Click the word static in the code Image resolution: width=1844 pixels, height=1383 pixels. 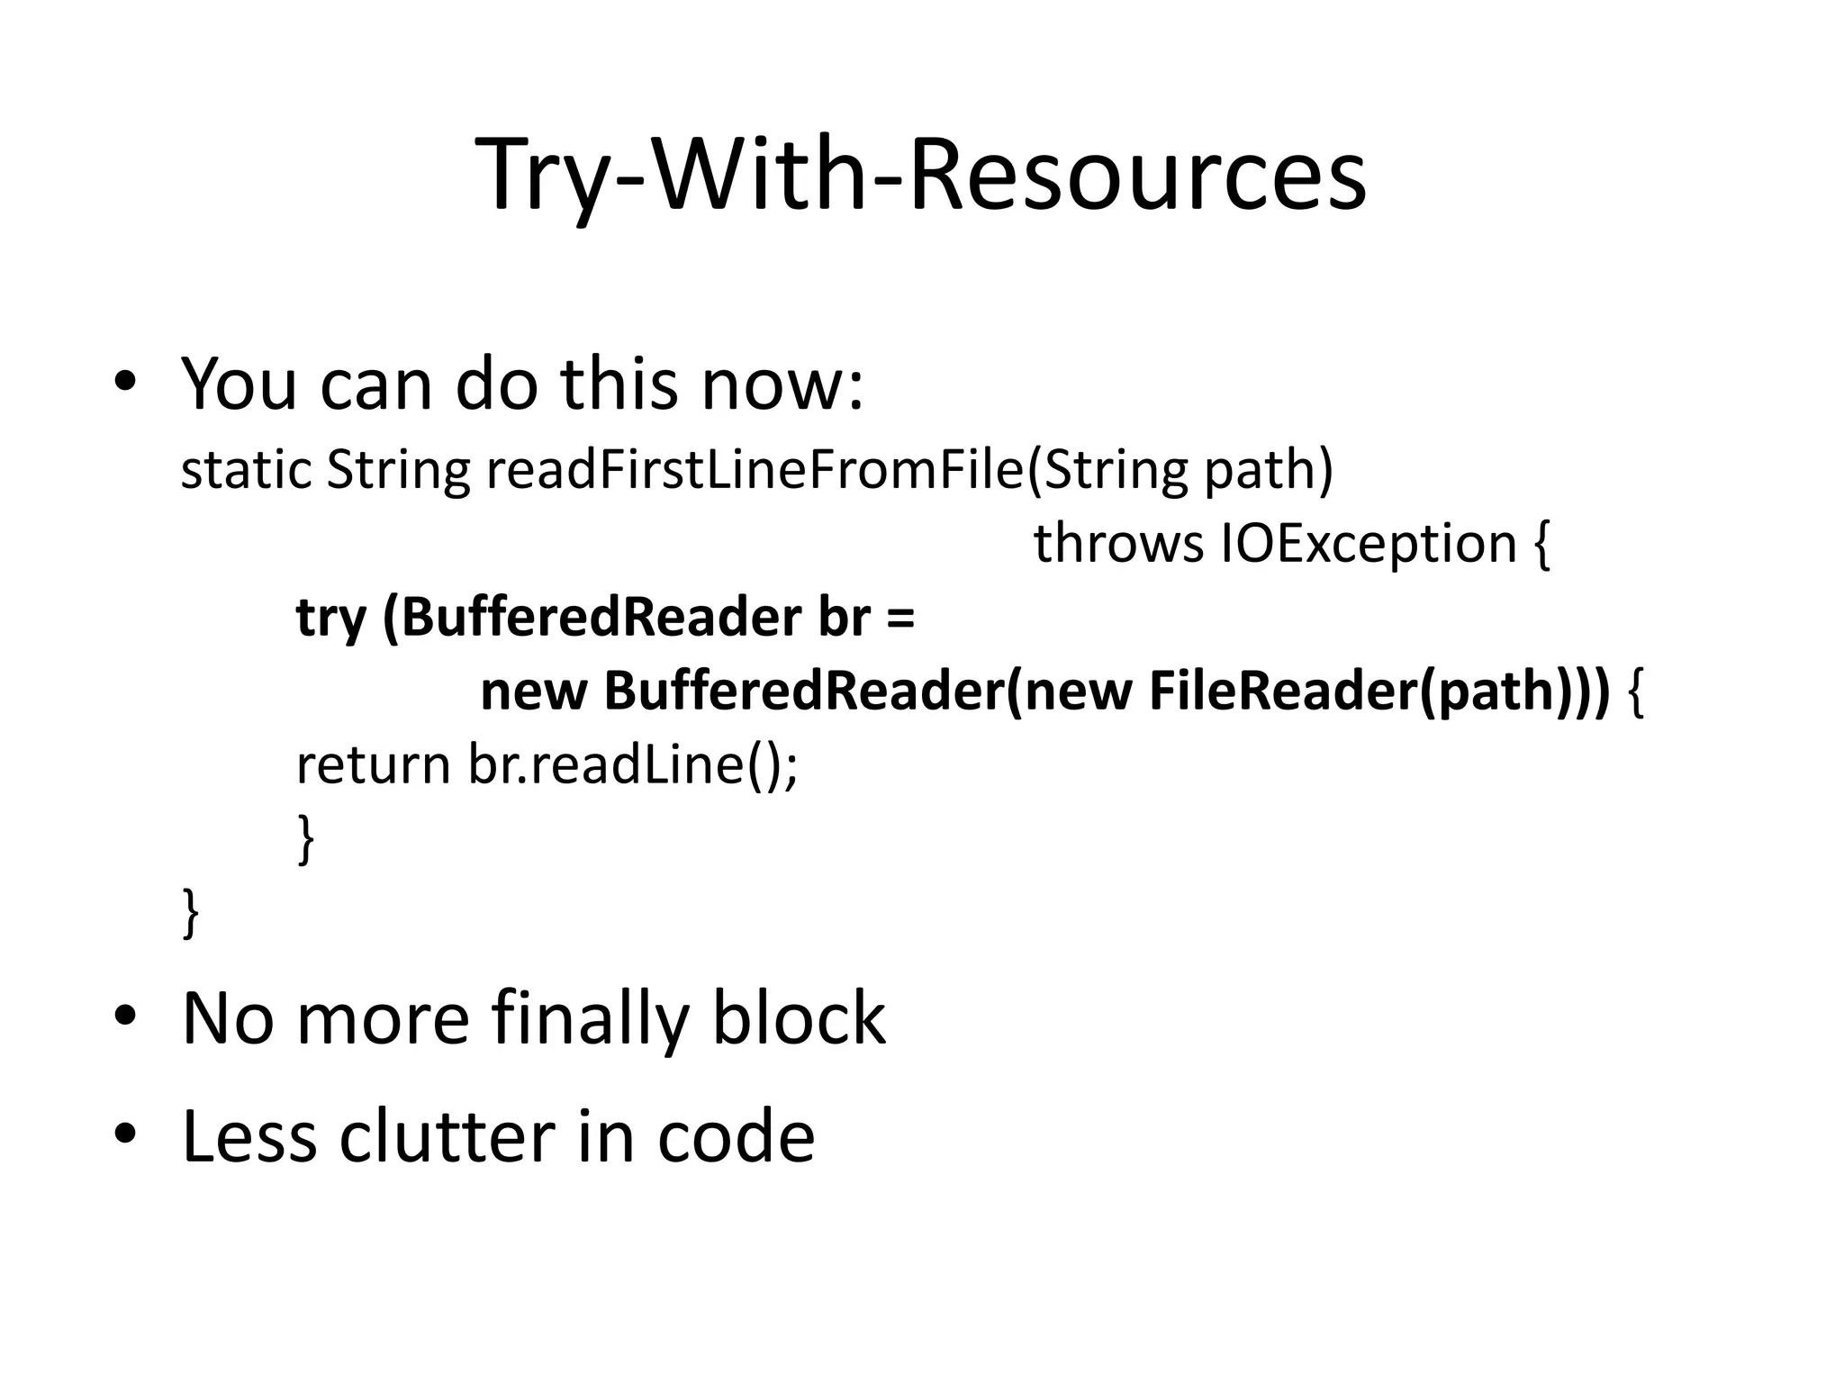coord(245,470)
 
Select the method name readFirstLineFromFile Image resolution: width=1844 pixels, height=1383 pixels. coord(755,470)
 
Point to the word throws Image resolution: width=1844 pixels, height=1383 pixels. coord(1117,544)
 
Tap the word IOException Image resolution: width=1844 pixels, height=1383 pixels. coord(1368,544)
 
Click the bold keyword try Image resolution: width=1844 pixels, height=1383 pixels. coord(330,619)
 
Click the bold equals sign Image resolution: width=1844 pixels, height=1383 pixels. coord(899,619)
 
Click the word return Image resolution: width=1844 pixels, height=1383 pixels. coord(372,765)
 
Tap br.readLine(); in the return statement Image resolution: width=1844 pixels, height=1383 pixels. coord(632,765)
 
